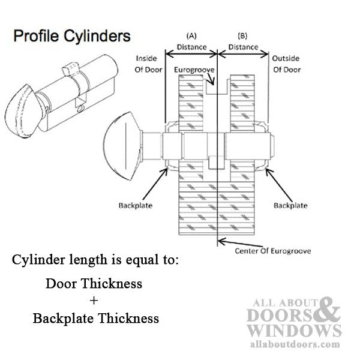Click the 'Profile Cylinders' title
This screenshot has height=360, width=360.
(x=71, y=36)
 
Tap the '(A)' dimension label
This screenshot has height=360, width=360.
(x=191, y=35)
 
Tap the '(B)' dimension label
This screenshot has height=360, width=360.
(x=243, y=35)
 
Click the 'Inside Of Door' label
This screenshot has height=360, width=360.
(x=146, y=64)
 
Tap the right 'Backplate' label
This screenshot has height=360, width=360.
(x=290, y=205)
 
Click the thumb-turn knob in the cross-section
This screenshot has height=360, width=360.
(x=124, y=146)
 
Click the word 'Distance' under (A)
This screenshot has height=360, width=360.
(x=191, y=47)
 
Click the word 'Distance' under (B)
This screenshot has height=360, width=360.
(x=243, y=47)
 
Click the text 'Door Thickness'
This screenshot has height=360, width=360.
(x=95, y=283)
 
